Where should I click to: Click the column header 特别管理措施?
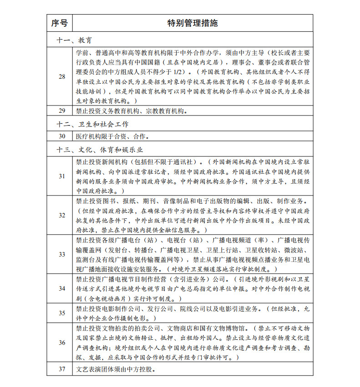pyautogui.click(x=193, y=23)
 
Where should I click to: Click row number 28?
pyautogui.click(x=62, y=76)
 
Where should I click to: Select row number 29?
pyautogui.click(x=62, y=111)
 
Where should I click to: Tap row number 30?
pyautogui.click(x=62, y=136)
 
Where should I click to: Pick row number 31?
pyautogui.click(x=62, y=176)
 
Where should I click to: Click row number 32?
pyautogui.click(x=62, y=215)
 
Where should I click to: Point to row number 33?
pyautogui.click(x=62, y=254)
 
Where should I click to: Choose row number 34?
pyautogui.click(x=62, y=288)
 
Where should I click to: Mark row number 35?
pyautogui.click(x=62, y=313)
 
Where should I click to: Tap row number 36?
pyautogui.click(x=62, y=342)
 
